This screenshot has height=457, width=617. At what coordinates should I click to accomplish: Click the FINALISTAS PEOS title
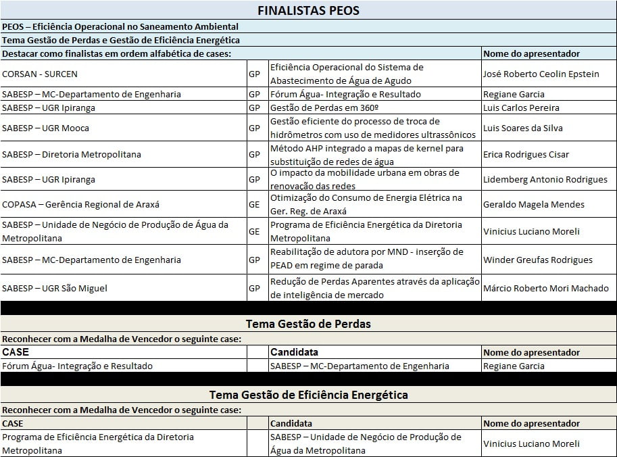(308, 10)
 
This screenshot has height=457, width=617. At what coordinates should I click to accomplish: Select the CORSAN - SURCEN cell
(40, 74)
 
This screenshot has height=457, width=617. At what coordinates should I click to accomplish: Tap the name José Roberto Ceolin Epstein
(541, 74)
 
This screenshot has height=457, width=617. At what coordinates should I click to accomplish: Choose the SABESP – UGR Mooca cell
(46, 128)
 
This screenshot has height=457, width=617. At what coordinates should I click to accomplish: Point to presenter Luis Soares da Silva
(523, 128)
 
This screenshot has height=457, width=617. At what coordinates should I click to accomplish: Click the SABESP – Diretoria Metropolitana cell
(72, 154)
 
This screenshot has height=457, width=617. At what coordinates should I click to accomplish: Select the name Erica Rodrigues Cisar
(526, 154)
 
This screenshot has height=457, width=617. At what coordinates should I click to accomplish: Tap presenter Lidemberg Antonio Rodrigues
(545, 179)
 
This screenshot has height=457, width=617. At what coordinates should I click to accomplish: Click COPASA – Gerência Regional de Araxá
(80, 204)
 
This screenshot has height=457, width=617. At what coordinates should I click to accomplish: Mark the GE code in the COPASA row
(254, 204)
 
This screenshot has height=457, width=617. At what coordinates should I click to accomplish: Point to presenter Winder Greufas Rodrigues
(537, 260)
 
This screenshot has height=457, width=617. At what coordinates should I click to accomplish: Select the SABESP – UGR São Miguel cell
(55, 288)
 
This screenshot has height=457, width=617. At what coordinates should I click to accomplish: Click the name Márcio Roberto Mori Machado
(545, 288)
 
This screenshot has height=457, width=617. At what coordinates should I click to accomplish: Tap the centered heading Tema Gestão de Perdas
(308, 324)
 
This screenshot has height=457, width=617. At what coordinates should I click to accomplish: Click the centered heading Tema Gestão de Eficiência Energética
(308, 394)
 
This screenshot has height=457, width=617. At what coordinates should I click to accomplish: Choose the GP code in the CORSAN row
(254, 74)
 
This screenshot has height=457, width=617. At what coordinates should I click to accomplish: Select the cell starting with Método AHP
(366, 154)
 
